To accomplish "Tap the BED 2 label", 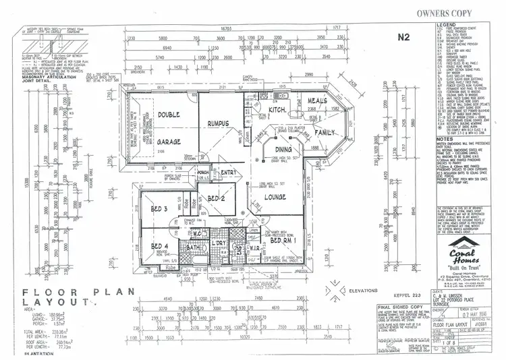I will coord(217,199).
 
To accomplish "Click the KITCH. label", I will coord(277,109).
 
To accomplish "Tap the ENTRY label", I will coord(228,173).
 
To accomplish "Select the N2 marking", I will coord(403,37).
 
